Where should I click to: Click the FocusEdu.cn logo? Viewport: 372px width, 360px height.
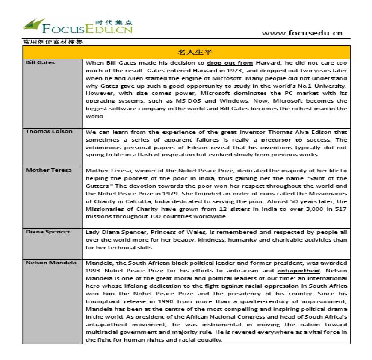pyautogui.click(x=77, y=26)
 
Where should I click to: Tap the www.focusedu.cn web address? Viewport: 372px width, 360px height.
pyautogui.click(x=302, y=33)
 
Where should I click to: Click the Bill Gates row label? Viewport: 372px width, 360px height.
pyautogui.click(x=40, y=62)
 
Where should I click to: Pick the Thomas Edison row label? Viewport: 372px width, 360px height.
pyautogui.click(x=49, y=131)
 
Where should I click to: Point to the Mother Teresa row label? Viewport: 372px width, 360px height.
pyautogui.click(x=48, y=170)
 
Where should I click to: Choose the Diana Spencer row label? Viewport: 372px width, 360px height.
pyautogui.click(x=48, y=232)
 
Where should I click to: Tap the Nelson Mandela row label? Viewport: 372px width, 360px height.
pyautogui.click(x=51, y=263)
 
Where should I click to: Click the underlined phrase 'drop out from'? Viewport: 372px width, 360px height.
pyautogui.click(x=230, y=62)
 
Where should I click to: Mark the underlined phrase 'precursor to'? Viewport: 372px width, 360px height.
pyautogui.click(x=281, y=139)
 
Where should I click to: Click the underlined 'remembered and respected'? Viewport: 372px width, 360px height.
pyautogui.click(x=260, y=232)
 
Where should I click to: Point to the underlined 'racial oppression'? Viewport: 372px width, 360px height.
pyautogui.click(x=272, y=286)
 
